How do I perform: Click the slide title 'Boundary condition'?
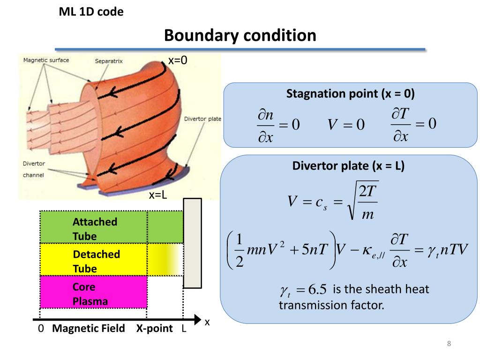(240, 35)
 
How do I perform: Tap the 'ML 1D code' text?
(91, 12)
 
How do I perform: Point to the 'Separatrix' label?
(109, 61)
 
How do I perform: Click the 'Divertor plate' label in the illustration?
(202, 119)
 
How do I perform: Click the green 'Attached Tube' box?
(94, 227)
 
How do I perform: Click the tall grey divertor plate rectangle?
(192, 243)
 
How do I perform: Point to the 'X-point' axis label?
(155, 329)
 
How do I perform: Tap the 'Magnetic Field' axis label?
(89, 329)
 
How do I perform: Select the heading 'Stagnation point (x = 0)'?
(350, 94)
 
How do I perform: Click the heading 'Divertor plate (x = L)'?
(348, 166)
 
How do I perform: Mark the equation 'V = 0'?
(346, 125)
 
